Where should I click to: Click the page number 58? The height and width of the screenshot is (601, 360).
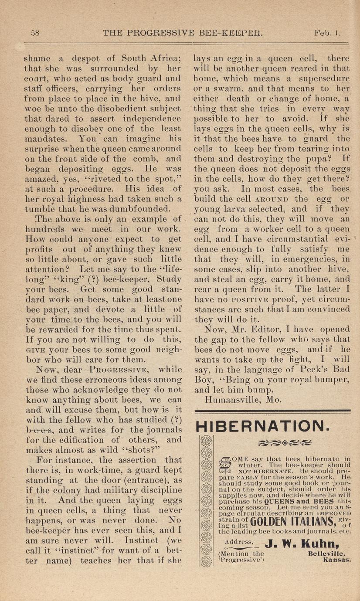tap(35, 33)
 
